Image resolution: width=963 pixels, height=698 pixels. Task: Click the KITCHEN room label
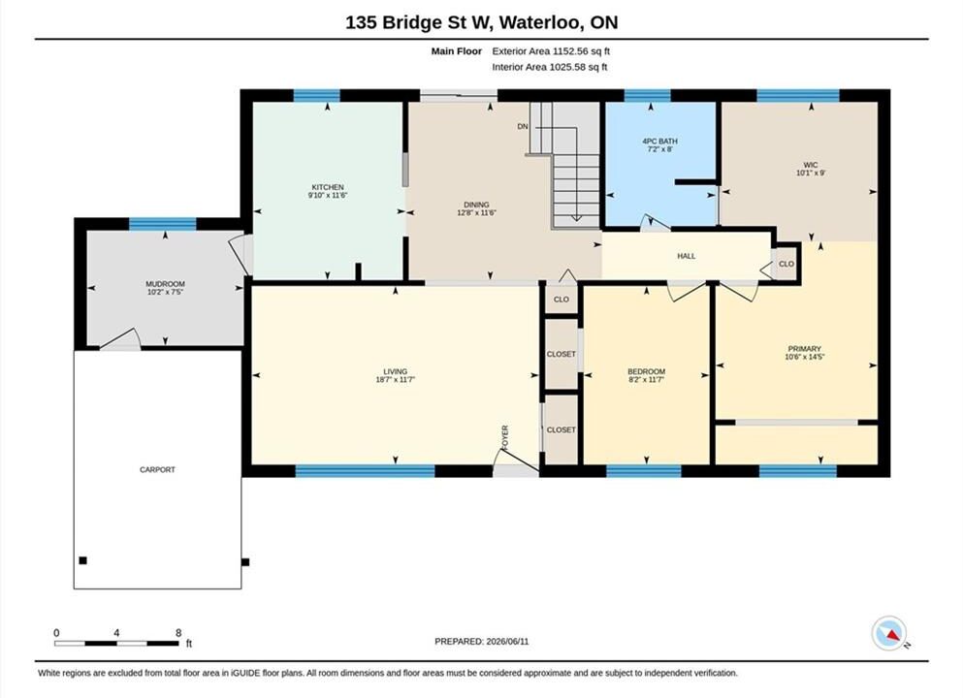tap(328, 187)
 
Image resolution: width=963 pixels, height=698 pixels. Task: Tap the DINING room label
tap(476, 206)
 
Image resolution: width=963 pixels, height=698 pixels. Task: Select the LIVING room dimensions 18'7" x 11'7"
tap(396, 380)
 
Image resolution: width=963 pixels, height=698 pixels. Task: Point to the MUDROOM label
tap(165, 284)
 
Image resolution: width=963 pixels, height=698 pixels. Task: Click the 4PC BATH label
tap(660, 142)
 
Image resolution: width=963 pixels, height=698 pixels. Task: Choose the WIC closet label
tap(811, 165)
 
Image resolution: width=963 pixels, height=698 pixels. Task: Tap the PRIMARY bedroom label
tap(805, 349)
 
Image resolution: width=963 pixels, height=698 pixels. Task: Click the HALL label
tap(687, 256)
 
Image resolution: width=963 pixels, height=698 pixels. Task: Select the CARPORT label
tap(158, 469)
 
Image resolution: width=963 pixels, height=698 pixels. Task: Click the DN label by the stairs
tap(523, 126)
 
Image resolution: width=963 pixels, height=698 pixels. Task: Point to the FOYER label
tap(505, 436)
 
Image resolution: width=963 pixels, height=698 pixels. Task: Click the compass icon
tap(888, 634)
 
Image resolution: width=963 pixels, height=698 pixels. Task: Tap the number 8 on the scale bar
tap(178, 633)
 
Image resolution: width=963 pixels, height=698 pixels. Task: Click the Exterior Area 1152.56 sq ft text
tap(551, 51)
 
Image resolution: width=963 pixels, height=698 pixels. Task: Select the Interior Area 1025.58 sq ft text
tap(550, 67)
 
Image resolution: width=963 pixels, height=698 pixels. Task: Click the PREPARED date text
tap(481, 642)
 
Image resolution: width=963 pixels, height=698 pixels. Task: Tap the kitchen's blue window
tap(317, 95)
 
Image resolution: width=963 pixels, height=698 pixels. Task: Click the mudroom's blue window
tap(163, 224)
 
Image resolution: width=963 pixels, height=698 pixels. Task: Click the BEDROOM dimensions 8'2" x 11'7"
tap(647, 380)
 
